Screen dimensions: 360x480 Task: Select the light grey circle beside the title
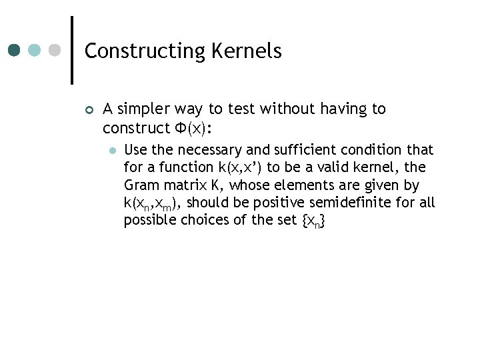point(55,50)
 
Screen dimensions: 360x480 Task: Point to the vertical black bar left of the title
point(71,50)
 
